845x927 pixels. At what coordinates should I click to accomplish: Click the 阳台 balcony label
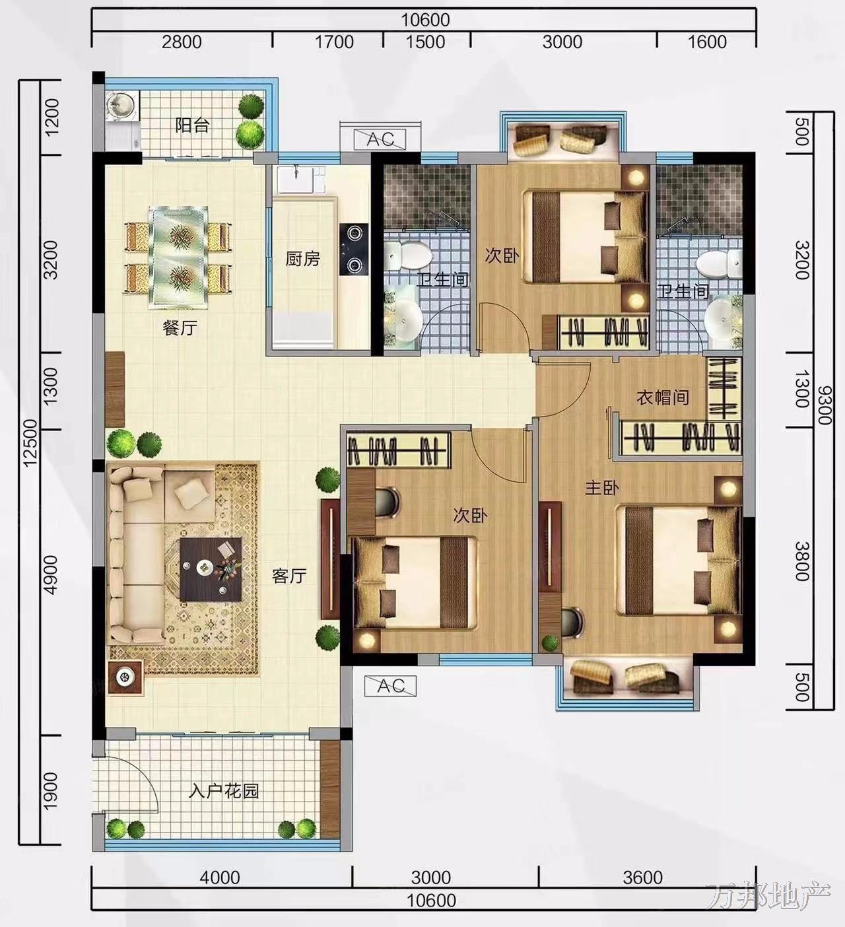click(192, 125)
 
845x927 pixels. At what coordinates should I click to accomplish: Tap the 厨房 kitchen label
click(302, 259)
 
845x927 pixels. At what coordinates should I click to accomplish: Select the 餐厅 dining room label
click(180, 329)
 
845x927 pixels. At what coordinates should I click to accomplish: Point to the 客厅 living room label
click(289, 576)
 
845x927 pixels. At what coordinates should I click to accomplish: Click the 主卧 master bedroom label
click(602, 488)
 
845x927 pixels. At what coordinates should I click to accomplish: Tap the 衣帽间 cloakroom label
click(663, 397)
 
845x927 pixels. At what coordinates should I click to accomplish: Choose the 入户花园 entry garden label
click(224, 791)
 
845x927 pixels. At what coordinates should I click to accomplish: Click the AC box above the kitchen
click(380, 139)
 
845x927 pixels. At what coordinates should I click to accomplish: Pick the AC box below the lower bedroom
click(391, 686)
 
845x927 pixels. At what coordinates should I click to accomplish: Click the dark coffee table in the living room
click(211, 569)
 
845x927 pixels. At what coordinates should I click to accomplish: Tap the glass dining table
click(179, 258)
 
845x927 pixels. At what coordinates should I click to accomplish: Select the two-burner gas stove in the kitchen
click(355, 249)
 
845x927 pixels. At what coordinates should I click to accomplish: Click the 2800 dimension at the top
click(182, 42)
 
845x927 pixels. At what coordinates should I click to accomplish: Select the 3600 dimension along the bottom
click(643, 877)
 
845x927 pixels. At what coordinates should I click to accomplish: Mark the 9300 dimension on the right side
click(824, 405)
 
